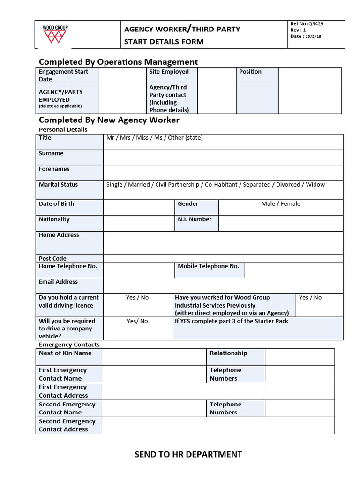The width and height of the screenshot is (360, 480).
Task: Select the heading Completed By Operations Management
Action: point(118,62)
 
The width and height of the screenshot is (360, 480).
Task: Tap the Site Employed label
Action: point(169,72)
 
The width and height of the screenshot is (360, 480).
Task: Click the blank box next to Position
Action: point(309,75)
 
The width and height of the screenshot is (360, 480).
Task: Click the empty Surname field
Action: point(223,157)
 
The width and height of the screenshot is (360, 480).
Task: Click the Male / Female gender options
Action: point(281,204)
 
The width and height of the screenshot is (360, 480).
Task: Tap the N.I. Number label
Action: point(195,219)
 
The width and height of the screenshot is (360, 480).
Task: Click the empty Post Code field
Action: point(223,258)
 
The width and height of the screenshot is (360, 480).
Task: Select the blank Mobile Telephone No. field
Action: point(293,270)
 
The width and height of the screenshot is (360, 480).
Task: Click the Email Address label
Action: point(58,282)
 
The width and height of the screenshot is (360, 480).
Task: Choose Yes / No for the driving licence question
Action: point(137,298)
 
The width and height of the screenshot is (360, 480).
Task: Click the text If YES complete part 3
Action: point(232,321)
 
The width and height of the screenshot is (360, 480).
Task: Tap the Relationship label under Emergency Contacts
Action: point(228,353)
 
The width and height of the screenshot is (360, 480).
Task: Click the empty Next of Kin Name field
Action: point(154,357)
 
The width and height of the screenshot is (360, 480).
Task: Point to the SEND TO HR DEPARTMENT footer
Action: point(188,454)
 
